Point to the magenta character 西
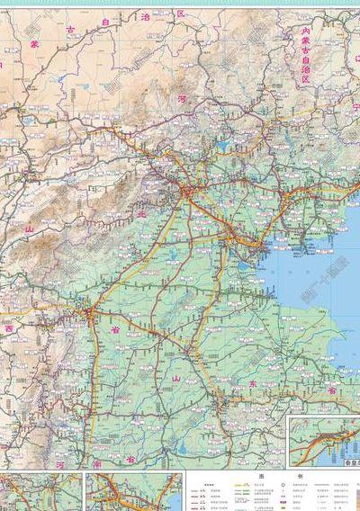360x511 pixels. pos(9,329)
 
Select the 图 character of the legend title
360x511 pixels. pos(260,476)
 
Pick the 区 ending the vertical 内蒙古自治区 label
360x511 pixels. pos(305,79)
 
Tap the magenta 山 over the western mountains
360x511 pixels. pos(29,229)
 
